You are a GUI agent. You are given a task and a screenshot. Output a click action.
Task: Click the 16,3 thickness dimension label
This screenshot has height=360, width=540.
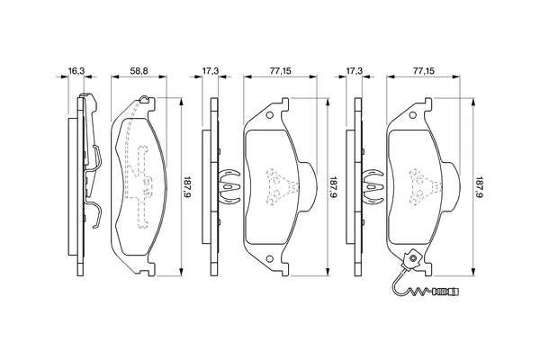click(x=76, y=70)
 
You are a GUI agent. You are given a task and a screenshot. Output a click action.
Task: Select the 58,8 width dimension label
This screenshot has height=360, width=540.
click(x=139, y=70)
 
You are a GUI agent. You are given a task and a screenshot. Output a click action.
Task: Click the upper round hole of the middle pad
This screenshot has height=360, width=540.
click(x=270, y=115)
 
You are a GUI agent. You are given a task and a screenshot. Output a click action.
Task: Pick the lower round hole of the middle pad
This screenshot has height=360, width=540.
click(x=270, y=258)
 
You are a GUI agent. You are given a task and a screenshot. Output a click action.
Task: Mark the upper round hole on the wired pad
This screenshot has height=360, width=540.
click(x=412, y=115)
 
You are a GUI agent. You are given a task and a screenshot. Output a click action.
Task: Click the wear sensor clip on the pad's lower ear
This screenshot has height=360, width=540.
click(x=412, y=259)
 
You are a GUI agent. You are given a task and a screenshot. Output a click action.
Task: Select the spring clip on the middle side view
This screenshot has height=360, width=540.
click(x=229, y=186)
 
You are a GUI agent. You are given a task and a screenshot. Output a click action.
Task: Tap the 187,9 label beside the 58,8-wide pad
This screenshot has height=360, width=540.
click(x=186, y=186)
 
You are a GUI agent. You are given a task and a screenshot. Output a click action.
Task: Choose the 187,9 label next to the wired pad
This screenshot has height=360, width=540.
click(x=479, y=186)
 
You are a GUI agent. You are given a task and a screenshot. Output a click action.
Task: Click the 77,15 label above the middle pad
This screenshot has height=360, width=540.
click(x=280, y=70)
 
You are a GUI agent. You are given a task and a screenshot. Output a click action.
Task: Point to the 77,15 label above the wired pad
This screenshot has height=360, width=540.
click(x=424, y=70)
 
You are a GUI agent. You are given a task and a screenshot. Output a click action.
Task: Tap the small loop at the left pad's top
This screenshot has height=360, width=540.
click(x=145, y=99)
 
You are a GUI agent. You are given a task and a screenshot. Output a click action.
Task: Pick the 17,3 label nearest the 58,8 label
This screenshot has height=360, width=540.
click(x=210, y=70)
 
